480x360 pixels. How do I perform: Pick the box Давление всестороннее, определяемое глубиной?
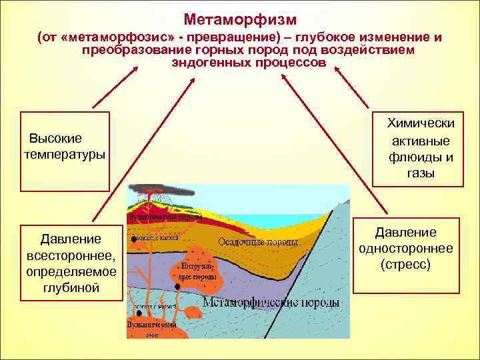[x=71, y=263]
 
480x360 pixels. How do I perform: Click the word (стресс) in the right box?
[x=405, y=265]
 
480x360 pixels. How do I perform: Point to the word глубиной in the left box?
[x=71, y=287]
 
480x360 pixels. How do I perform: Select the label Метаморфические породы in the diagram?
[x=271, y=303]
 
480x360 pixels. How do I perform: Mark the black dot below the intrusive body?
[x=178, y=287]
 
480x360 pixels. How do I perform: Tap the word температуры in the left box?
[x=64, y=154]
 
